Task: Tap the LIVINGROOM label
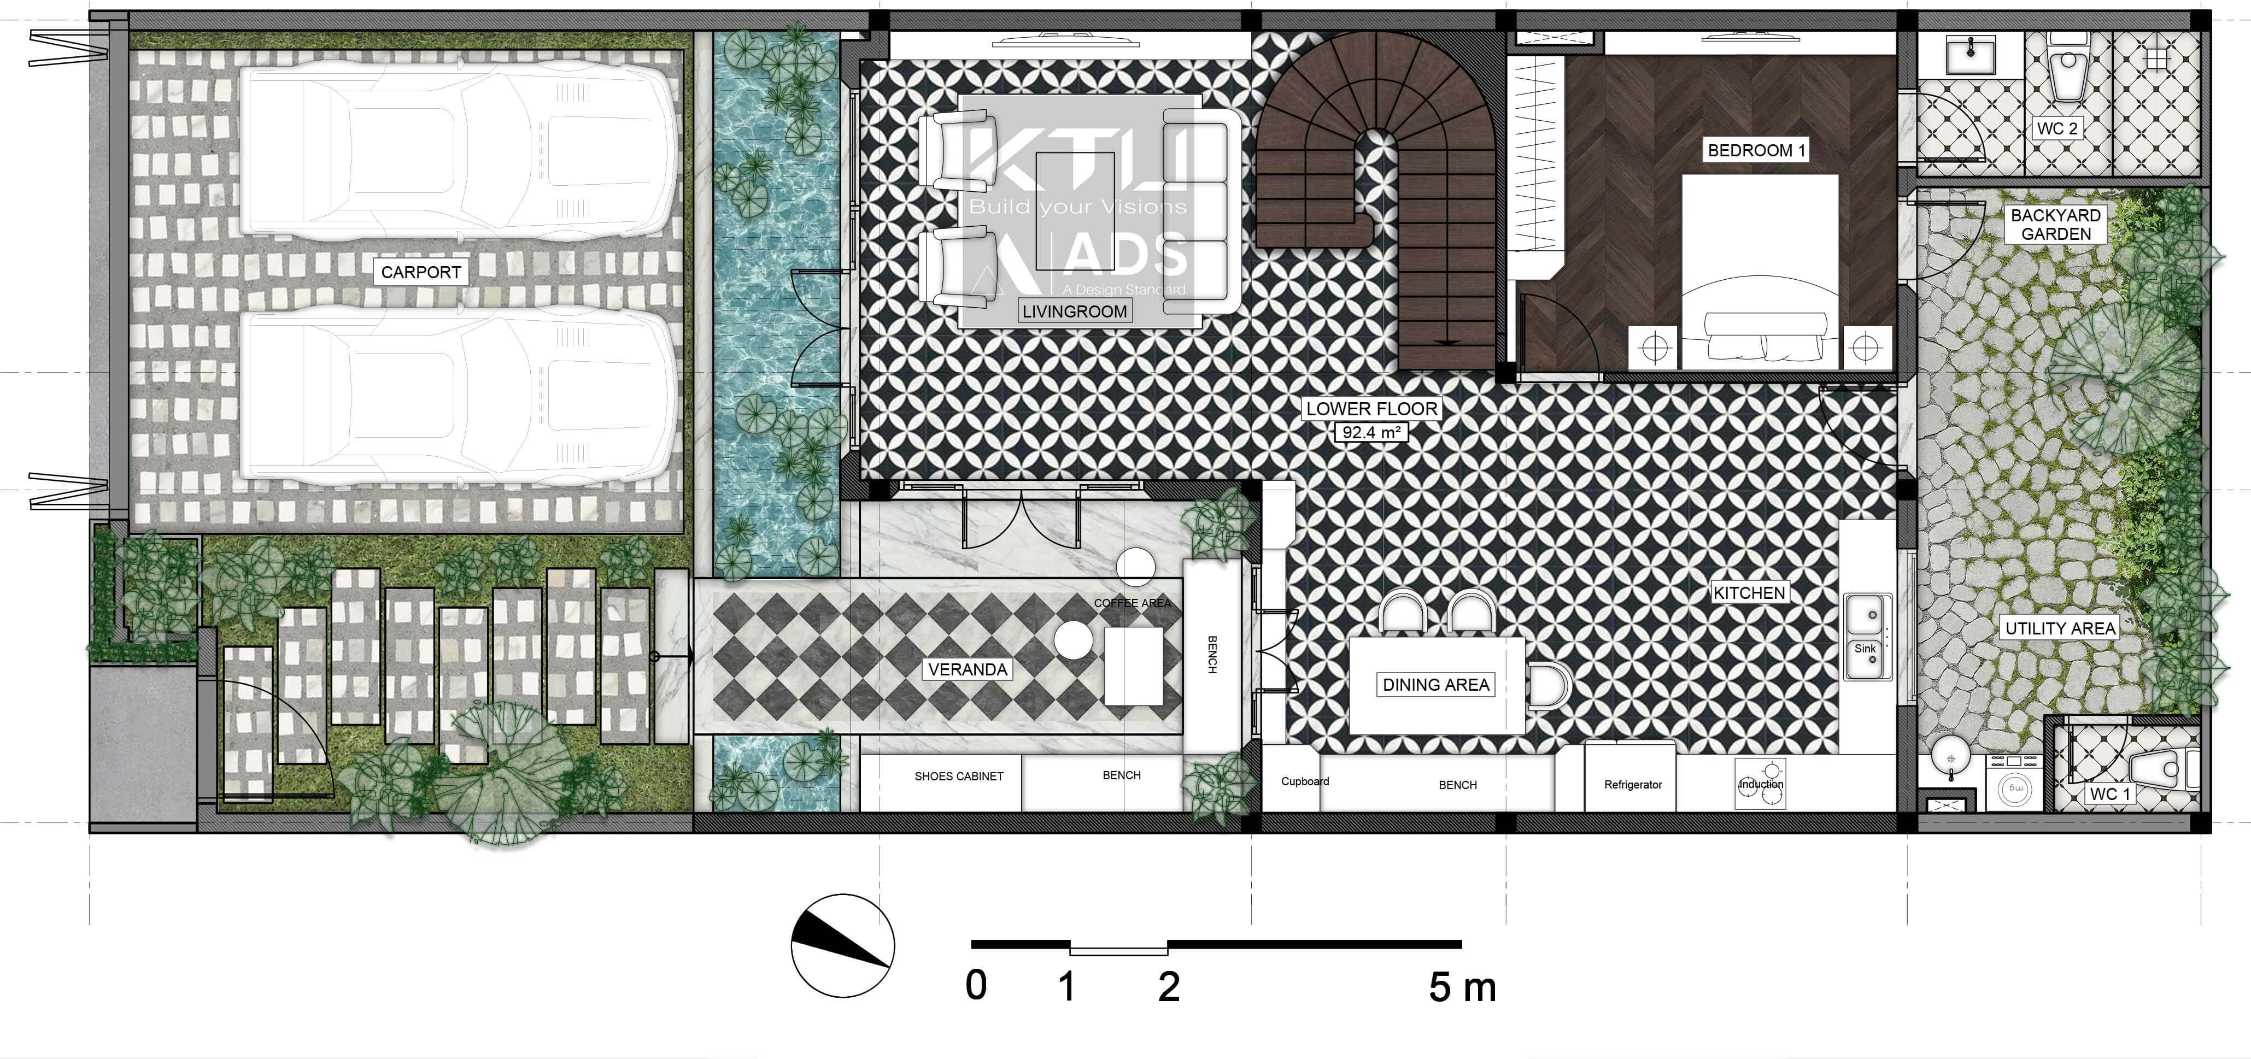[1074, 311]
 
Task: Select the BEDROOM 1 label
[1756, 150]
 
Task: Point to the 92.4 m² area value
[1371, 432]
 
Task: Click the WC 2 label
[2057, 128]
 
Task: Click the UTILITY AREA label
[2060, 628]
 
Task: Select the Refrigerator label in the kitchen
[1632, 785]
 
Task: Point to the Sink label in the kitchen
[1865, 648]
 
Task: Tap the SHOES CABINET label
[959, 776]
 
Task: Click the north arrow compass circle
[842, 945]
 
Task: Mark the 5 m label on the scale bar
[1462, 987]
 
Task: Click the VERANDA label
[968, 669]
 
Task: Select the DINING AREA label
[1436, 685]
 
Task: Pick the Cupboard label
[1305, 781]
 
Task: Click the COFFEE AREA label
[1133, 603]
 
